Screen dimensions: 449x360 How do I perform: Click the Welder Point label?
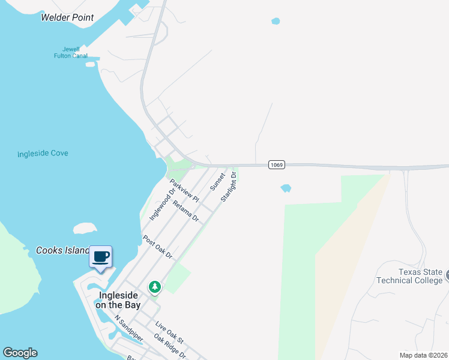click(x=67, y=17)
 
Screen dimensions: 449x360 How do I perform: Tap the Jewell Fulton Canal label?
click(x=71, y=53)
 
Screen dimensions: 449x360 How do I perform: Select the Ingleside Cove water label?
click(x=43, y=154)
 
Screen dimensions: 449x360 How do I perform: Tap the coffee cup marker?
click(x=101, y=258)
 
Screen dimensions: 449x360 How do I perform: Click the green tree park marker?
click(x=155, y=287)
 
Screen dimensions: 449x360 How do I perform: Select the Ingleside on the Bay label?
click(x=118, y=300)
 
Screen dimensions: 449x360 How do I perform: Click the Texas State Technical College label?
click(x=409, y=276)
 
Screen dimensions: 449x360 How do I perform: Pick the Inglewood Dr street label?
click(x=162, y=204)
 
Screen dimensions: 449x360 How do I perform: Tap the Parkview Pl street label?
click(x=184, y=190)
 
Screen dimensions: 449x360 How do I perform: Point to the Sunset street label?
click(x=217, y=182)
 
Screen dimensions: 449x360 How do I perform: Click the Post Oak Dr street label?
click(x=158, y=247)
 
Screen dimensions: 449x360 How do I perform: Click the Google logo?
click(x=20, y=353)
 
